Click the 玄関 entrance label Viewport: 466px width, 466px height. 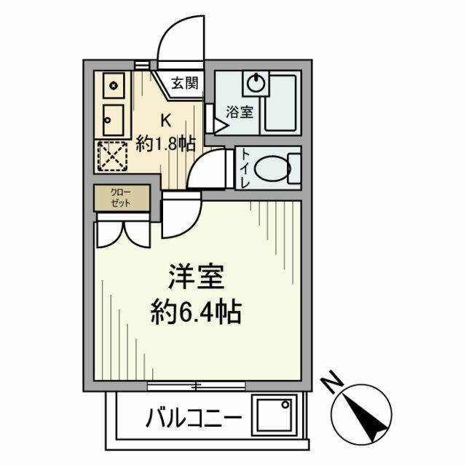185,82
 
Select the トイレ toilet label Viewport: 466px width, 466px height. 245,169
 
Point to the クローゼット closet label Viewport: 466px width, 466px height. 121,198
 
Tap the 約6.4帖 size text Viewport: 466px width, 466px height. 195,315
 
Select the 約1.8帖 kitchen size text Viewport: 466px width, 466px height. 167,143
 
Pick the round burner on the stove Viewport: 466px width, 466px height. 114,86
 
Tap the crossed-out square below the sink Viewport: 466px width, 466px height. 114,154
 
